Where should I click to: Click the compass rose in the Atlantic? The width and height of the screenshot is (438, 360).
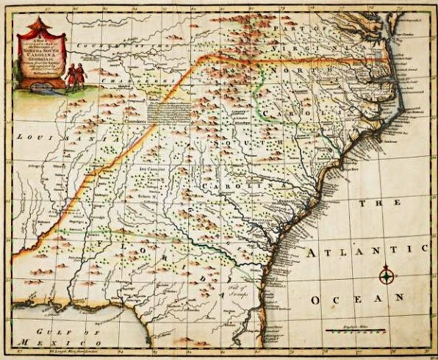coord(387,276)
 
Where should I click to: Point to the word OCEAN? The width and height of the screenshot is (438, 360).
coord(357,299)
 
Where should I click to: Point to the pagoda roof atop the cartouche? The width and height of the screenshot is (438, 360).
coord(40,27)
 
